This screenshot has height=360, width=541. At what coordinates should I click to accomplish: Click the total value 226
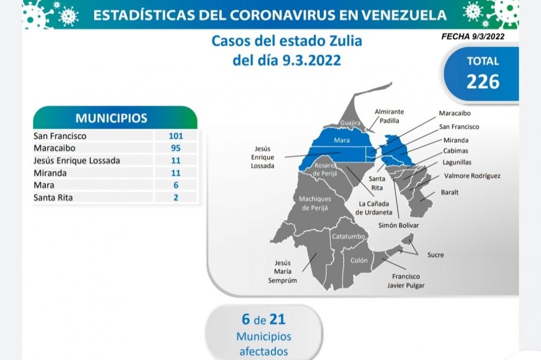click(483, 81)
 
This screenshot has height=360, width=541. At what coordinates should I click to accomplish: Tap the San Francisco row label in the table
click(60, 136)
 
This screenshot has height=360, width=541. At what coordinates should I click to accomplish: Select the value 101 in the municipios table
click(176, 136)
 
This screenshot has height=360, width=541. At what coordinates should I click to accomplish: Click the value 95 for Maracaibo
click(176, 148)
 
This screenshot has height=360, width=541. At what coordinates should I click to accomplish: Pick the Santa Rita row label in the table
click(53, 197)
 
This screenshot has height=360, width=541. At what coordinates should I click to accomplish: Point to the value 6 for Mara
click(176, 185)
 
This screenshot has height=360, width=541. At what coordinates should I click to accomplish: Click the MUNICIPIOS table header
click(111, 118)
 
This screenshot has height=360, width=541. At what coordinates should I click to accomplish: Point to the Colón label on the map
click(359, 260)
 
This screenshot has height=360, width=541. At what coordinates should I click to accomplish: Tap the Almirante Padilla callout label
click(389, 116)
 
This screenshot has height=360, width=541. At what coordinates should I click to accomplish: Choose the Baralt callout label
click(449, 192)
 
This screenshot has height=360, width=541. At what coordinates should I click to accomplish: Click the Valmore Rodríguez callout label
click(472, 176)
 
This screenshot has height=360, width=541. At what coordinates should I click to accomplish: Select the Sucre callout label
click(435, 255)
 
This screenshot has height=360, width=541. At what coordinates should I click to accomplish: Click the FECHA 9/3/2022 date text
click(473, 36)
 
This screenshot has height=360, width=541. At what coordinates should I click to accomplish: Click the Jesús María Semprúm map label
click(283, 271)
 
